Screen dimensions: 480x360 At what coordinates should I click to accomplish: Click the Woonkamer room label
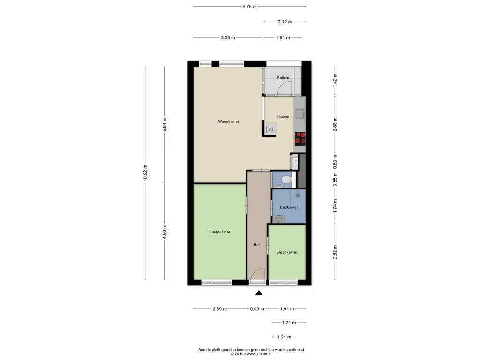(229, 121)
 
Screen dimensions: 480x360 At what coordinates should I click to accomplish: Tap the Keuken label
(283, 117)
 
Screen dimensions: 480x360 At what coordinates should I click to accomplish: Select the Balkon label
(283, 78)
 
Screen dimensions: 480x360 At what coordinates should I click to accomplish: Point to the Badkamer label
(289, 207)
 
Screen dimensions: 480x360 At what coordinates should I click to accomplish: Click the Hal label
(256, 245)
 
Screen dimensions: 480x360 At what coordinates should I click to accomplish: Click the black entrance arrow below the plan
(259, 293)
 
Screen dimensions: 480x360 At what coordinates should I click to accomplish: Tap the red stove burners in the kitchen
(300, 139)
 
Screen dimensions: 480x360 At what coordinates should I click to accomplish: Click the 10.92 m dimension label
(145, 173)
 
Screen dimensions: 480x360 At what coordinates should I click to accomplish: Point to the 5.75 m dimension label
(249, 7)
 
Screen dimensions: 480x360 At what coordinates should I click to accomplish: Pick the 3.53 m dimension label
(228, 37)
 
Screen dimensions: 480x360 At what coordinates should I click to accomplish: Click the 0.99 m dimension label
(257, 309)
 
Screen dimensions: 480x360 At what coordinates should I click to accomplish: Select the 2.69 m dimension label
(220, 309)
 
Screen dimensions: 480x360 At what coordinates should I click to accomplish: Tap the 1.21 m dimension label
(285, 337)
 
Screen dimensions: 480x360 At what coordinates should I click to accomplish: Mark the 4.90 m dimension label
(165, 232)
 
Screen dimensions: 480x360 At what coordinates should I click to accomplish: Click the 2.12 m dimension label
(285, 22)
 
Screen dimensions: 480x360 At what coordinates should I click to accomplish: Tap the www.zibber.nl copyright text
(251, 354)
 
